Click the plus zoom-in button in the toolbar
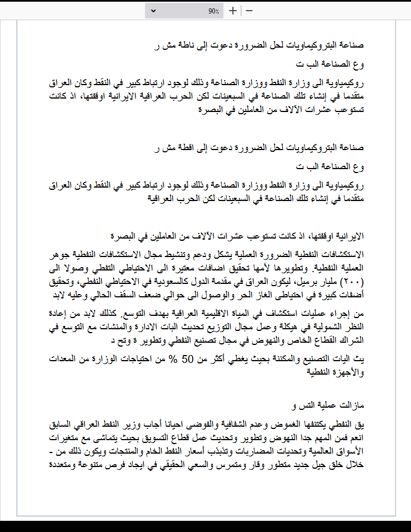click(233, 11)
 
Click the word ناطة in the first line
click(185, 45)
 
